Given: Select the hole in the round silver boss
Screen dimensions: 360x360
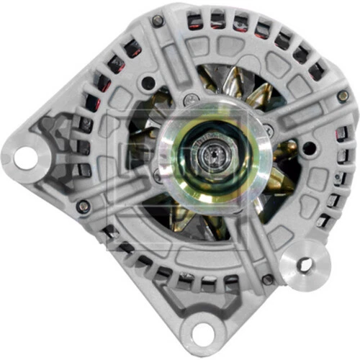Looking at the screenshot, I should pyautogui.click(x=305, y=265).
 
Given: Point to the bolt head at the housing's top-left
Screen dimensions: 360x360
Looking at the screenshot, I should pyautogui.click(x=158, y=21).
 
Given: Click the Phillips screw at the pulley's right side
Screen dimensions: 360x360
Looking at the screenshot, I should pyautogui.click(x=269, y=132).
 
